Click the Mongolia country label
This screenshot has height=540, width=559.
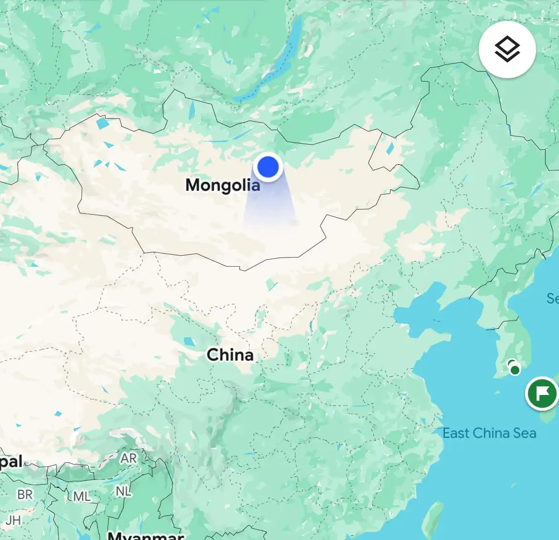[223, 185]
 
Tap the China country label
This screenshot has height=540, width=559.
[230, 355]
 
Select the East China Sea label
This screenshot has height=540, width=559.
[489, 433]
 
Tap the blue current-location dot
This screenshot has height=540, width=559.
[268, 167]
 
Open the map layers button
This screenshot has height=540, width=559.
[507, 50]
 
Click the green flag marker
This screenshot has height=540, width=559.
[542, 394]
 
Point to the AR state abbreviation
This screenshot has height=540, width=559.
[128, 458]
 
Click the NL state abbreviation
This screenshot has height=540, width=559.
[123, 491]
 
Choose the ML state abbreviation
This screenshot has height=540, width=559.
[82, 497]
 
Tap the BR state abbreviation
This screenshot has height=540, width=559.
[25, 495]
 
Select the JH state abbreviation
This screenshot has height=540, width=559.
[13, 520]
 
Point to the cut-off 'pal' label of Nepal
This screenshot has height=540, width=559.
[11, 462]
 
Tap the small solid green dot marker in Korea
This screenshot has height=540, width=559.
[515, 370]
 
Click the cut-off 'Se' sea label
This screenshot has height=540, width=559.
[552, 299]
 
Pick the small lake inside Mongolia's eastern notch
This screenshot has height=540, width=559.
[390, 148]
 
